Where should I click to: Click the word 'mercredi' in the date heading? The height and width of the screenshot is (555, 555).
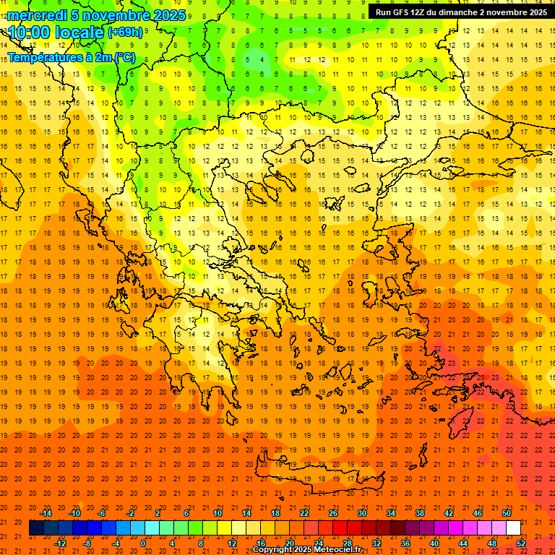click(x=37, y=15)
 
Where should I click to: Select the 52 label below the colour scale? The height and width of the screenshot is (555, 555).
click(x=521, y=543)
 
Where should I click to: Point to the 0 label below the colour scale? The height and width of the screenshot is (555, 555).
click(x=143, y=543)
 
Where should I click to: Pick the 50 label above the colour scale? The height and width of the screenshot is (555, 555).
click(x=507, y=513)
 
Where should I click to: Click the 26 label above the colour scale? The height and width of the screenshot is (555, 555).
click(x=333, y=513)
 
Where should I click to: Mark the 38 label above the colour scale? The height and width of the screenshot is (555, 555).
click(x=420, y=513)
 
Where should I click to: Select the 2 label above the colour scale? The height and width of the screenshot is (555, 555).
click(x=158, y=513)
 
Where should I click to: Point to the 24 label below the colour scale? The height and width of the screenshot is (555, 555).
click(x=319, y=543)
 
